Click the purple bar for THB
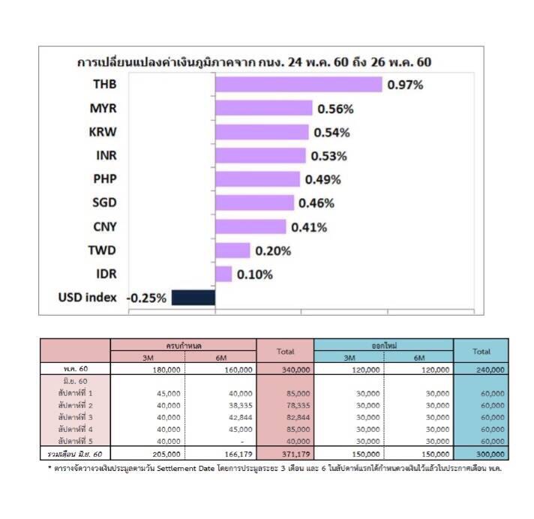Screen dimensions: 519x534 click(x=298, y=84)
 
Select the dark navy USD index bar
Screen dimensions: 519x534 click(x=193, y=298)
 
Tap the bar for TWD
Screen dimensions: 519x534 click(x=232, y=250)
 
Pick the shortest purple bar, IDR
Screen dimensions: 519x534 click(x=223, y=274)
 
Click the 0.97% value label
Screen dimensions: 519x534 click(x=405, y=85)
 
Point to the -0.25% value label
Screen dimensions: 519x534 click(x=146, y=298)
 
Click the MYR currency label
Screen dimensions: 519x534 click(x=103, y=108)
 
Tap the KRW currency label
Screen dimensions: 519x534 click(x=103, y=132)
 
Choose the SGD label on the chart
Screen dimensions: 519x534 click(x=103, y=202)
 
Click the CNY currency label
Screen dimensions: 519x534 click(x=103, y=226)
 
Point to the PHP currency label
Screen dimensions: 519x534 click(x=104, y=179)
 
